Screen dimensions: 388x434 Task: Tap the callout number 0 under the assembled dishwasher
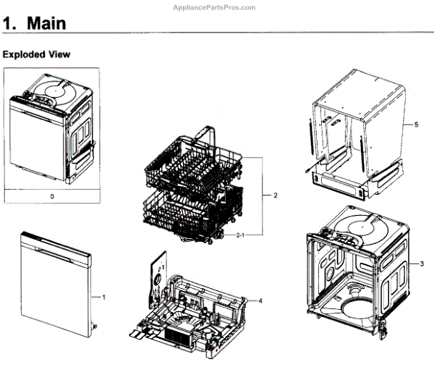tap(51, 195)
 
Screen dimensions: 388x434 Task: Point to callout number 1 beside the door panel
tap(104, 297)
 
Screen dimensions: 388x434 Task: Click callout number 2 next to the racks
tap(276, 195)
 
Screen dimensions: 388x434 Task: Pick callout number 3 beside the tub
tap(422, 264)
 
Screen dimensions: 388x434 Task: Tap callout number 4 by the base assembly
tap(260, 300)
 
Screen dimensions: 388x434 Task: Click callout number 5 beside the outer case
tap(416, 125)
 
